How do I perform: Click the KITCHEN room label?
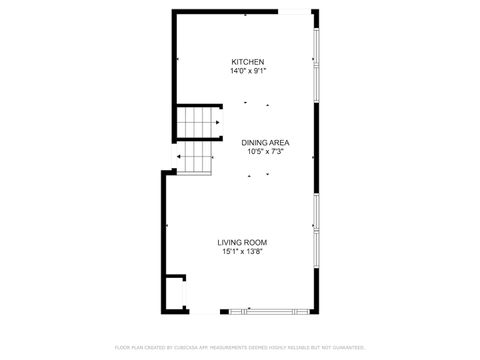pyautogui.click(x=248, y=62)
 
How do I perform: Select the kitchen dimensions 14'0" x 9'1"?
pyautogui.click(x=248, y=71)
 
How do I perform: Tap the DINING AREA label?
pyautogui.click(x=265, y=143)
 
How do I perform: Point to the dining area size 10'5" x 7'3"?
pyautogui.click(x=265, y=152)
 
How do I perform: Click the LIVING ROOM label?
pyautogui.click(x=243, y=242)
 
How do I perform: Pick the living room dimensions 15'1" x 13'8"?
pyautogui.click(x=243, y=252)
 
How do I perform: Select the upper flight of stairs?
pyautogui.click(x=198, y=123)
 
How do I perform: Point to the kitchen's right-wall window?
pyautogui.click(x=316, y=60)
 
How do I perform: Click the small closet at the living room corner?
pyautogui.click(x=175, y=292)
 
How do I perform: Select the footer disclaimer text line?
pyautogui.click(x=240, y=347)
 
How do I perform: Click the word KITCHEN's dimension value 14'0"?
pyautogui.click(x=237, y=71)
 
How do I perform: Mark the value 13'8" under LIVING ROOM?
pyautogui.click(x=256, y=252)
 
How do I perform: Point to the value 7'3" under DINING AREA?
pyautogui.click(x=277, y=152)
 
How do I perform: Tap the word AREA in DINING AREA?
pyautogui.click(x=279, y=143)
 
